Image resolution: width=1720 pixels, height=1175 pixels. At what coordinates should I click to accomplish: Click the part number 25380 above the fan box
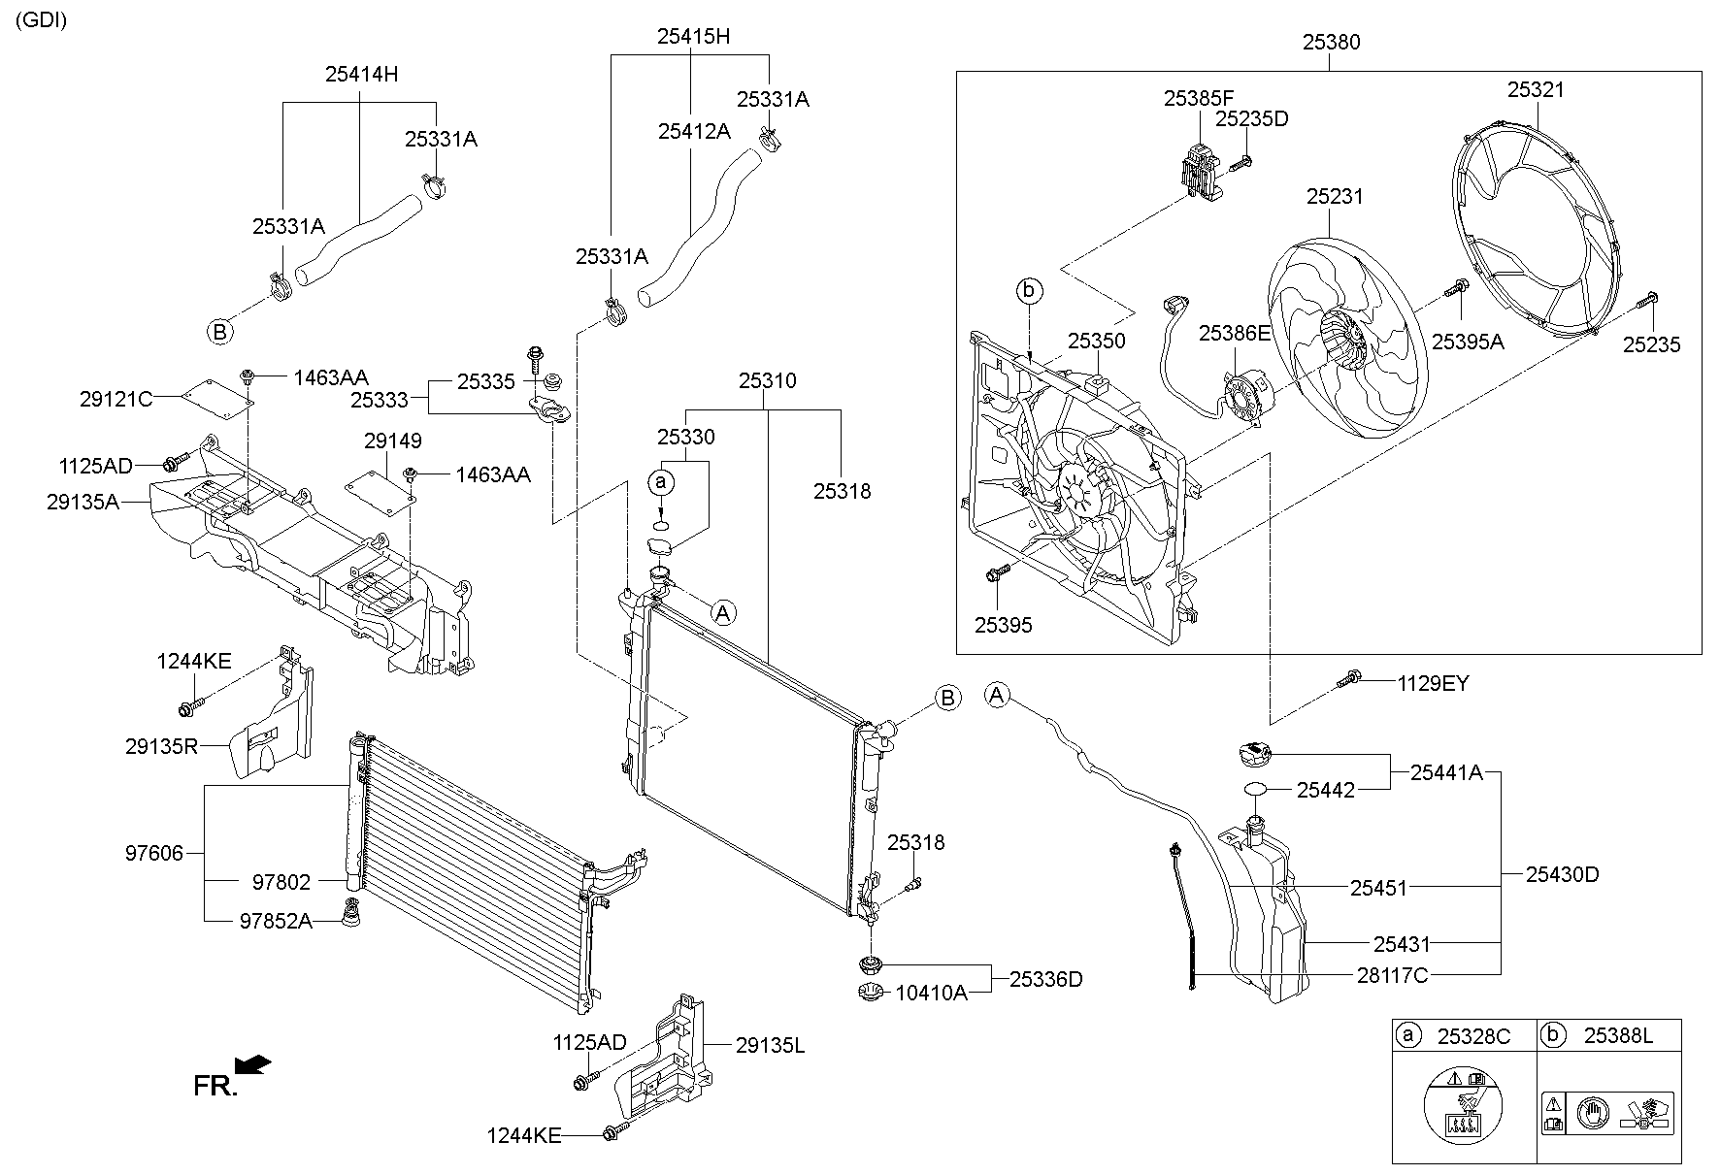coord(1331,42)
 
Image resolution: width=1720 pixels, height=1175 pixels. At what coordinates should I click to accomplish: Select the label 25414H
coord(361,74)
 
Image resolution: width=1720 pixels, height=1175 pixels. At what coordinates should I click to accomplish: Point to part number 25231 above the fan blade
coord(1334,197)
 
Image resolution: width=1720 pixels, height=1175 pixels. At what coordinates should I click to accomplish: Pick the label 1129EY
coord(1433,683)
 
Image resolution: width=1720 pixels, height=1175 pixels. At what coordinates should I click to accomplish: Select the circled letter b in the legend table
coord(1552,1035)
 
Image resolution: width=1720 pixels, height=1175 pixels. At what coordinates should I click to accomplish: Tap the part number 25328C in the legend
coord(1473,1036)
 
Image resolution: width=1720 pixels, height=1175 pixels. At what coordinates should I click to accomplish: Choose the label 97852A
coord(276,921)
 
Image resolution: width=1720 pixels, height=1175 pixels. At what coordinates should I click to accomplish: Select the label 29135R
coord(161,746)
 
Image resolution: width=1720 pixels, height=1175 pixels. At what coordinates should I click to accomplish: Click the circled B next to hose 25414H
coord(220,332)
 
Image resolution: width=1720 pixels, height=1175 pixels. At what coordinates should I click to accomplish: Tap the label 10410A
coord(931,993)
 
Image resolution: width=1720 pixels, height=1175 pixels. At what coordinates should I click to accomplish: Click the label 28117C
coord(1392,975)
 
